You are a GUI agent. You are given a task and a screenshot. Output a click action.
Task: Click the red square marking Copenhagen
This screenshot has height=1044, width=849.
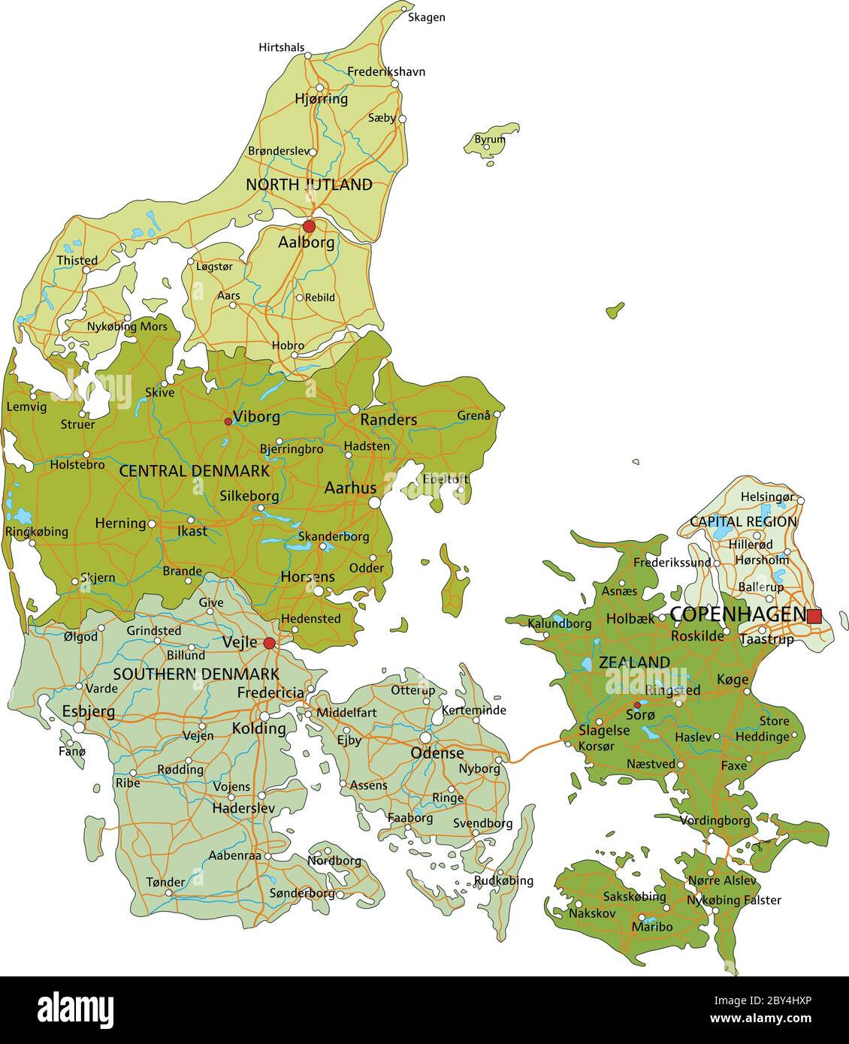pos(814,616)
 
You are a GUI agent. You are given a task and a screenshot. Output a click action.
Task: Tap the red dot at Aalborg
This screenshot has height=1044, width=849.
pos(309,226)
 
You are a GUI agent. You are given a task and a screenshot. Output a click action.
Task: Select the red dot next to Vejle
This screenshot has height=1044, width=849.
pos(269,643)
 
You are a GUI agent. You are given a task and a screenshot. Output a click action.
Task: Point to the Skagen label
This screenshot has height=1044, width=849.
pos(426,17)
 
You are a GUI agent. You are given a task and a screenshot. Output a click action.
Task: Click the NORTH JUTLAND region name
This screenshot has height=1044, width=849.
pos(309,185)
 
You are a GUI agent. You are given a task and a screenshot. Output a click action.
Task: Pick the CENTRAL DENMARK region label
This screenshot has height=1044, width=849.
pos(194,472)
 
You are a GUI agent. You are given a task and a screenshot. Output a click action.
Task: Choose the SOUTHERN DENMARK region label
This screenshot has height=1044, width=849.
pos(196,674)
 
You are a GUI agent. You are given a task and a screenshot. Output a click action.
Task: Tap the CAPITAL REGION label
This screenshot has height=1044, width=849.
pos(743,521)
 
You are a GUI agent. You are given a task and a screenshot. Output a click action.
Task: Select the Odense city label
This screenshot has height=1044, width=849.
pos(437,753)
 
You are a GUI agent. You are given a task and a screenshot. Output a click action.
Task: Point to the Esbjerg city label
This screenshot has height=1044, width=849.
pos(88,711)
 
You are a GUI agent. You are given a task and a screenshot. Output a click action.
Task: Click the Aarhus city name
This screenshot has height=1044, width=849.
pos(350,488)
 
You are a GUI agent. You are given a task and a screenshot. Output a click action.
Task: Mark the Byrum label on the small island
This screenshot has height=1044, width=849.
pos(489,140)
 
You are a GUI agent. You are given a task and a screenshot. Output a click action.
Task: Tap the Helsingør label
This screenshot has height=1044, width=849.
pos(766,496)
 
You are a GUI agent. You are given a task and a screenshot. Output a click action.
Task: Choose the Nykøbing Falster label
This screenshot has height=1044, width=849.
pos(733,900)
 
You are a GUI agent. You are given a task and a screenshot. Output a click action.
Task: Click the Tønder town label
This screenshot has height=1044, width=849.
pos(165,882)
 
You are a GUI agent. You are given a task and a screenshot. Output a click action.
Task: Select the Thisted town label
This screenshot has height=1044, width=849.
pos(77,261)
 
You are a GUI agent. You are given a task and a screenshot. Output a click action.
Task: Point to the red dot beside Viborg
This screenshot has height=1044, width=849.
pos(228,421)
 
